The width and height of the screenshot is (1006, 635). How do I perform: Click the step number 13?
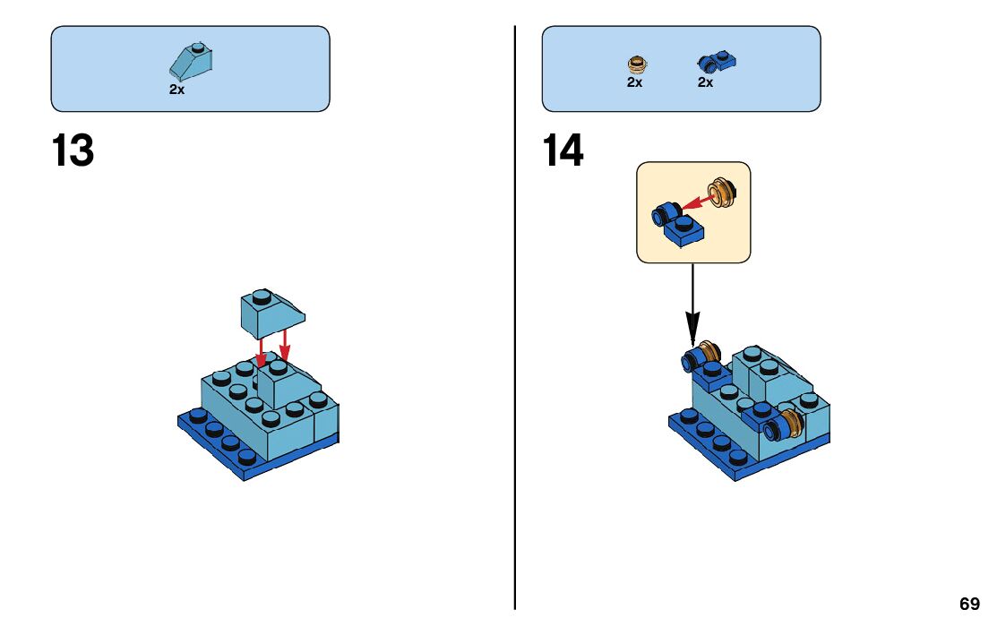click(x=73, y=150)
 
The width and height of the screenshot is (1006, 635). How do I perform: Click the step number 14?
click(x=563, y=150)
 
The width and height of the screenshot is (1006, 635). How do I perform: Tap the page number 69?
click(x=969, y=605)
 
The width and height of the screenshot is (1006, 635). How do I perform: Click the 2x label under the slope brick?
click(x=176, y=90)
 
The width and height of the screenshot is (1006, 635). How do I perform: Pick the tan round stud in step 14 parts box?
click(x=637, y=64)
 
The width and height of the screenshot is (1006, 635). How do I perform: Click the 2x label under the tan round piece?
click(x=634, y=82)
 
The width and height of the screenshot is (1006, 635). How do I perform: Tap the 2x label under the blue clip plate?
click(x=705, y=82)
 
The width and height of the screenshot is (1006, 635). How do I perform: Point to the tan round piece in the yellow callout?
click(x=721, y=191)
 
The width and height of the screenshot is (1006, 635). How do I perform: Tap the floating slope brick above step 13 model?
click(x=271, y=313)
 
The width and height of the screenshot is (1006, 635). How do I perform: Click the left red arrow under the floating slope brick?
click(x=261, y=352)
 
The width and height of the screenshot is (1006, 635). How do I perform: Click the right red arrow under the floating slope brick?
click(x=284, y=347)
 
